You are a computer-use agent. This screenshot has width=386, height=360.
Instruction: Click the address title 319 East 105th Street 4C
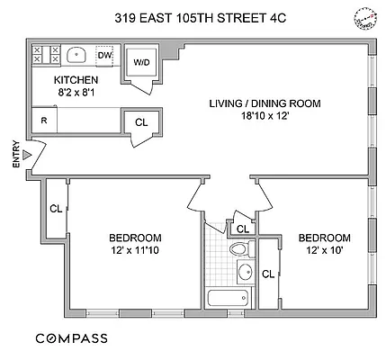click(x=193, y=16)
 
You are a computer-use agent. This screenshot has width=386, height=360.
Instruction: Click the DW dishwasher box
click(x=104, y=55)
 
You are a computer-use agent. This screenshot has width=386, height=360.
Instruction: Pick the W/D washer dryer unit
click(x=141, y=63)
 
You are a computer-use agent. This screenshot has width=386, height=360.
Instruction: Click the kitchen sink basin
click(x=76, y=54)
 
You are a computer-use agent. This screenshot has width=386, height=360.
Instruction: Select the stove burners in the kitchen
click(x=45, y=55)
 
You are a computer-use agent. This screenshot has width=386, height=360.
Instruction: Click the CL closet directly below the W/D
click(x=141, y=122)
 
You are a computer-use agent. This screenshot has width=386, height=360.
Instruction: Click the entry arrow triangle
click(x=28, y=155)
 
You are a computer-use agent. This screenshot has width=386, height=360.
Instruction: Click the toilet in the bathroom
click(x=238, y=248)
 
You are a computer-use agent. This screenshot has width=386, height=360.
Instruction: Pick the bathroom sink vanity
click(x=244, y=272)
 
